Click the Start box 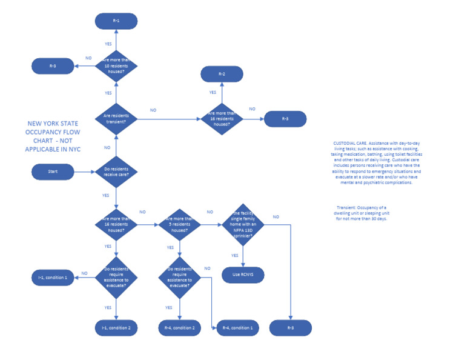[53, 172]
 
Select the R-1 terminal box [116, 21]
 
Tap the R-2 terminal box [222, 74]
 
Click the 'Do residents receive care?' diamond [116, 172]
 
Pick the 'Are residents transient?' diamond [116, 118]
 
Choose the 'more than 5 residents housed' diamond [180, 225]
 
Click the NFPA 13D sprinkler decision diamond [243, 225]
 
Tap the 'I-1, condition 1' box [53, 278]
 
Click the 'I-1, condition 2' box [116, 328]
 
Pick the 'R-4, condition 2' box [180, 328]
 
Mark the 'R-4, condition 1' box [238, 328]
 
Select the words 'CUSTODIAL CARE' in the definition [347, 142]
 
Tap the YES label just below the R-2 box [213, 93]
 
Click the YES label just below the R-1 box [108, 44]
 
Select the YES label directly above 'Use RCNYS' [235, 255]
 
